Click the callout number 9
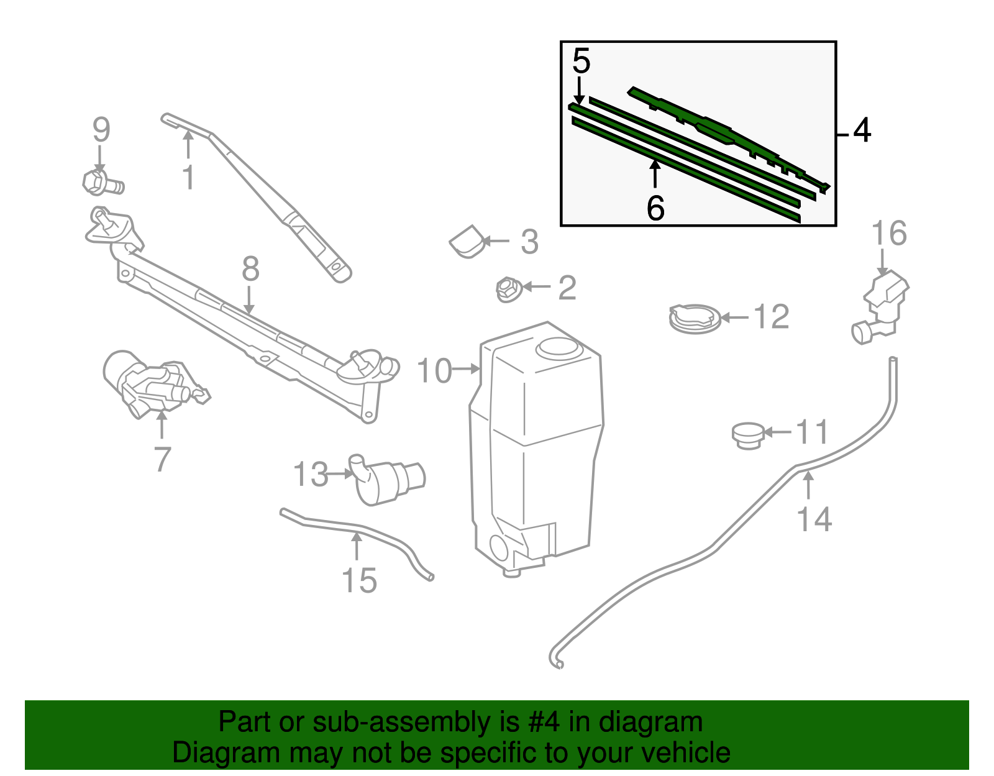101,130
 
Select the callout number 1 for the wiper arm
188,177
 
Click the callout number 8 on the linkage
250,270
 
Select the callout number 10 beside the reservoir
434,371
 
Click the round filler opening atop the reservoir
558,347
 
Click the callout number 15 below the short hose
359,580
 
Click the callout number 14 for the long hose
814,519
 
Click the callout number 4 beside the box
862,131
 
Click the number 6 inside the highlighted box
655,208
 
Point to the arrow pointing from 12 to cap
734,317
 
